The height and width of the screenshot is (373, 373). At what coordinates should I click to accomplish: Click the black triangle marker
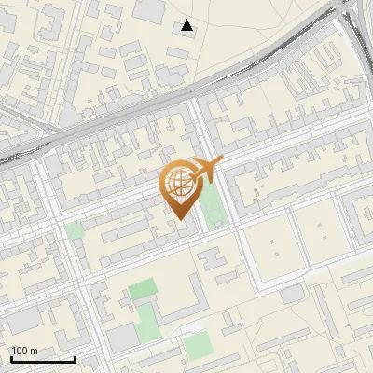pyautogui.click(x=188, y=26)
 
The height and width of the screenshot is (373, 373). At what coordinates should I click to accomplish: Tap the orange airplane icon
pyautogui.click(x=204, y=171)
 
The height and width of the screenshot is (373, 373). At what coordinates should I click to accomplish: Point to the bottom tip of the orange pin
pyautogui.click(x=180, y=218)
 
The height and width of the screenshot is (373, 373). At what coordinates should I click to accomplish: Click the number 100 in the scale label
pyautogui.click(x=21, y=351)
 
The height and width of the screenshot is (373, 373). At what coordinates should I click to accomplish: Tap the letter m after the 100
pyautogui.click(x=35, y=351)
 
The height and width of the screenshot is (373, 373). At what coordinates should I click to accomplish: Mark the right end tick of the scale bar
pyautogui.click(x=75, y=358)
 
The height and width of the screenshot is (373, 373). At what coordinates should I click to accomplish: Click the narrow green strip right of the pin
pyautogui.click(x=214, y=205)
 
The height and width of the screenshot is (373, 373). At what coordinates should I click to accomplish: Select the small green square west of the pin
pyautogui.click(x=75, y=230)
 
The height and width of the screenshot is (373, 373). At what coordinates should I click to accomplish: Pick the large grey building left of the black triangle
pyautogui.click(x=150, y=10)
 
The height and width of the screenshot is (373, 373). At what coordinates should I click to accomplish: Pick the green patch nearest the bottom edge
pyautogui.click(x=198, y=346)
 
